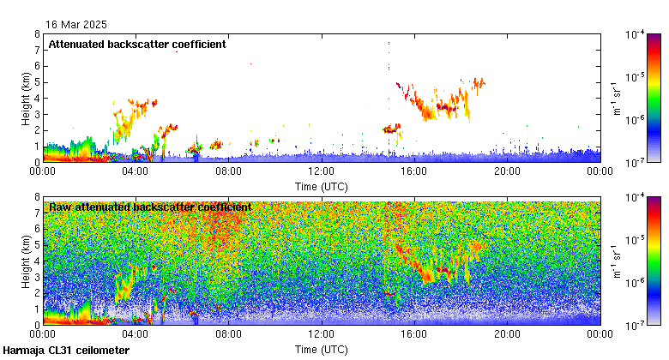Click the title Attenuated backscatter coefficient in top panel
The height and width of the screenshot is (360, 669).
tap(137, 45)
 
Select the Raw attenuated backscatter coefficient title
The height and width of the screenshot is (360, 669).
tap(150, 207)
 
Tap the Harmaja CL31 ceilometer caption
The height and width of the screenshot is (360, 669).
tap(66, 351)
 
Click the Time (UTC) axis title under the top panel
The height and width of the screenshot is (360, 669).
tap(321, 186)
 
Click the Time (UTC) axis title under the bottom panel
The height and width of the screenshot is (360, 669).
tap(321, 350)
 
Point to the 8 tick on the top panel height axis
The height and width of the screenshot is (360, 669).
tap(37, 34)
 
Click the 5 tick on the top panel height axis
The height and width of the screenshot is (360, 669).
tap(37, 82)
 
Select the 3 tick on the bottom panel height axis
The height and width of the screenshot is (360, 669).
tap(37, 278)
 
